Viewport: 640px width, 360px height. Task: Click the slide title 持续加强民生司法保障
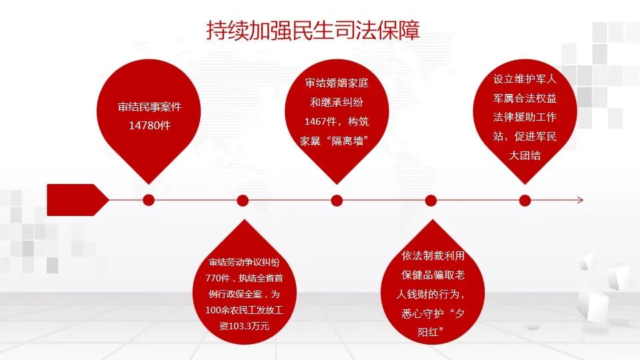pyautogui.click(x=313, y=31)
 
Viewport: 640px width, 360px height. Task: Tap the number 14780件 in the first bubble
pyautogui.click(x=149, y=125)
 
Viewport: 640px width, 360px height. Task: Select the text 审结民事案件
pyautogui.click(x=149, y=107)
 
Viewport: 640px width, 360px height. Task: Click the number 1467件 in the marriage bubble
pyautogui.click(x=321, y=121)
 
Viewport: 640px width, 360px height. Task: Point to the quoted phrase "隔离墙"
pyautogui.click(x=347, y=141)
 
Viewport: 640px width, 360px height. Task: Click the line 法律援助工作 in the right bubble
pyautogui.click(x=525, y=117)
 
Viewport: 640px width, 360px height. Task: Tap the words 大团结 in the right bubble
pyautogui.click(x=525, y=155)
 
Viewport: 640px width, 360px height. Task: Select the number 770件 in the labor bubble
pyautogui.click(x=217, y=279)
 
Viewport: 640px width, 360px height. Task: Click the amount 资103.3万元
pyautogui.click(x=244, y=326)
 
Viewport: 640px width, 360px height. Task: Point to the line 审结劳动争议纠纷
pyautogui.click(x=244, y=263)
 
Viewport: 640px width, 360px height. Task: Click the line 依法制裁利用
pyautogui.click(x=433, y=255)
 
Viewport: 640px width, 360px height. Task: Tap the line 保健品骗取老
pyautogui.click(x=433, y=275)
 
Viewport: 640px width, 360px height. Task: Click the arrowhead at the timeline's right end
pyautogui.click(x=581, y=200)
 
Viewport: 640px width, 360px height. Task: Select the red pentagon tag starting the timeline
pyautogui.click(x=77, y=200)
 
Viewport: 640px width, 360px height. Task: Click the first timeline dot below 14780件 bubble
pyautogui.click(x=149, y=200)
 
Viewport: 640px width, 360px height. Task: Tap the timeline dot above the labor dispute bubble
pyautogui.click(x=243, y=201)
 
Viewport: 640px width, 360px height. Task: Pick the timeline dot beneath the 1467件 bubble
pyautogui.click(x=337, y=201)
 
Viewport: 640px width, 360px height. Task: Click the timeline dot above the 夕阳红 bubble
pyautogui.click(x=431, y=201)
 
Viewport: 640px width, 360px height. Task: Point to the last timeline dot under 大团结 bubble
pyautogui.click(x=525, y=201)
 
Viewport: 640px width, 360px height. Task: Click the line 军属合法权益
pyautogui.click(x=525, y=98)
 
